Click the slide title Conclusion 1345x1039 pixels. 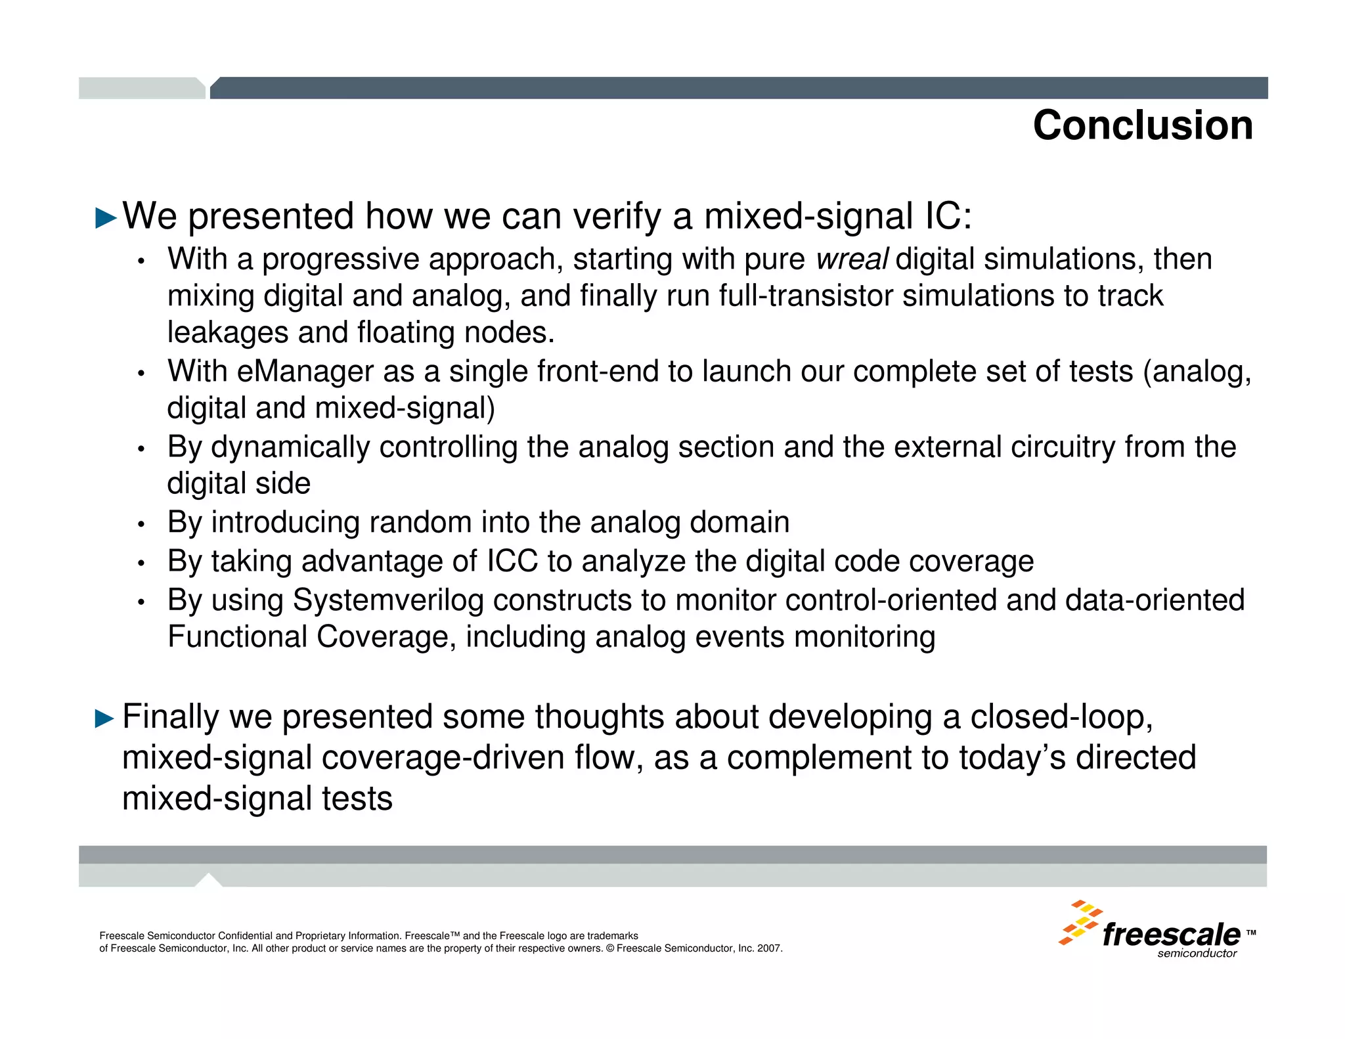tap(1142, 125)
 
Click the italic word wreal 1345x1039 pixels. tap(852, 259)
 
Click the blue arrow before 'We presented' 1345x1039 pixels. tap(106, 218)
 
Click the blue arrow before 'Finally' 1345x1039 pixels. tap(105, 718)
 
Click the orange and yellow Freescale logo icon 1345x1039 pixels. tap(1080, 922)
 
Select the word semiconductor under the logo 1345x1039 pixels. tap(1197, 954)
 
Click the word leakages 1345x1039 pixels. tap(227, 333)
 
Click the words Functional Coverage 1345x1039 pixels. tap(308, 637)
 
